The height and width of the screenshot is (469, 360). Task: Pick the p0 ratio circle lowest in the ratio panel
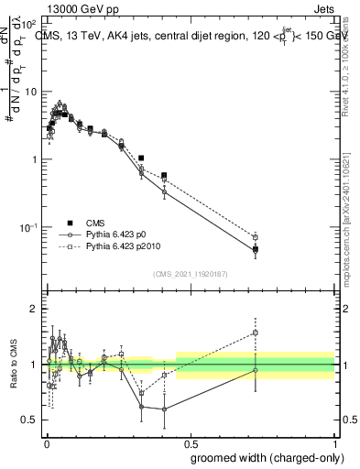click(x=164, y=409)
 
